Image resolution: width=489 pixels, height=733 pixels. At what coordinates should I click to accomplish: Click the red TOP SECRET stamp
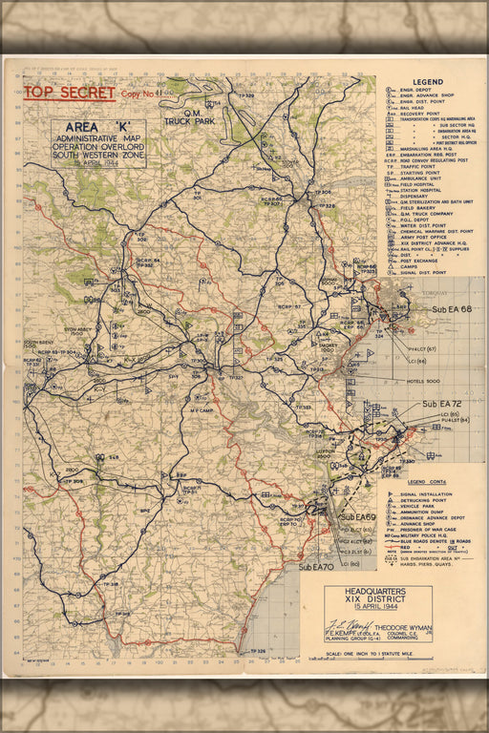(x=69, y=93)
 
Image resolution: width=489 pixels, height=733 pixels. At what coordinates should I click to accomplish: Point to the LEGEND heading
(x=428, y=82)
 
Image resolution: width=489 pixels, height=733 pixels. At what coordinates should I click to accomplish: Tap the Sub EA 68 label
(x=452, y=309)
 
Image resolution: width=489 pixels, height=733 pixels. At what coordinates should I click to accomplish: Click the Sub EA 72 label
(x=443, y=405)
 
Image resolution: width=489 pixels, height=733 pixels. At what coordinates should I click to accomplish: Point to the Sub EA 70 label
(x=316, y=567)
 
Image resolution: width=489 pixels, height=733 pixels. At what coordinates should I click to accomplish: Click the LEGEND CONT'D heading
(x=429, y=482)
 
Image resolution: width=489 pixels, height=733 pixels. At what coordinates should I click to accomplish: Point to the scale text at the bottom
(x=378, y=653)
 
